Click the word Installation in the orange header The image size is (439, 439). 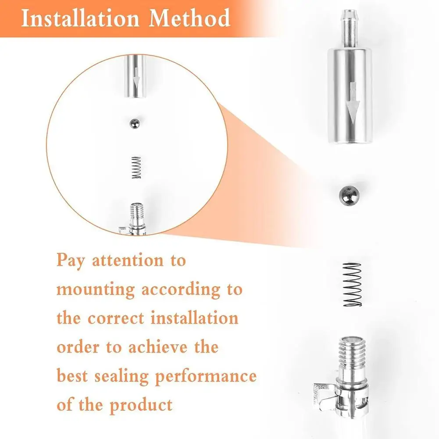(x=81, y=18)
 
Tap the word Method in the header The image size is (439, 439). (x=189, y=18)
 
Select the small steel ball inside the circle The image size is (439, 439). (x=135, y=124)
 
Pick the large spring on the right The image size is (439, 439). (x=352, y=285)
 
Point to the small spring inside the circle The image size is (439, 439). (x=136, y=168)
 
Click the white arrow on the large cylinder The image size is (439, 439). (x=353, y=103)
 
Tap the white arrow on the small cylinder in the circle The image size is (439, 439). (x=136, y=81)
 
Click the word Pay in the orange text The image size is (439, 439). (x=70, y=261)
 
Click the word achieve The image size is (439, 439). (x=158, y=347)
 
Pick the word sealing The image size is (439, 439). (x=121, y=376)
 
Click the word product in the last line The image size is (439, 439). (x=141, y=405)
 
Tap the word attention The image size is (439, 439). (x=128, y=260)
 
